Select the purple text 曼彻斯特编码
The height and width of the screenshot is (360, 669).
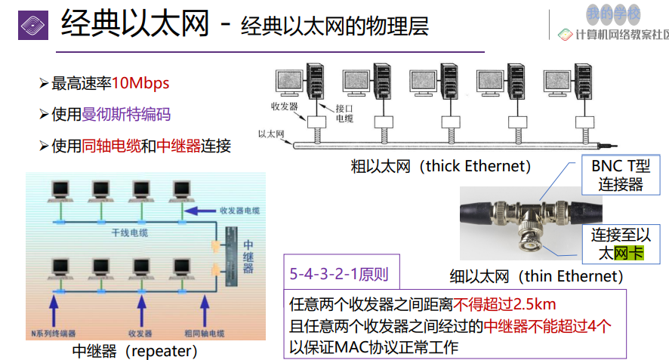coord(126,114)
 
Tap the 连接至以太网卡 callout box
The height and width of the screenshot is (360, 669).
coord(620,244)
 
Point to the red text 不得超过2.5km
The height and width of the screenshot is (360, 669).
coord(504,305)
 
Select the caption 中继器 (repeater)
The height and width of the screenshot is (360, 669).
coord(135,350)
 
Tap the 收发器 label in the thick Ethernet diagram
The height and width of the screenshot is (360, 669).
coord(283,107)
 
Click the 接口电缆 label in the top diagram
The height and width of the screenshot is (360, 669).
coord(344,113)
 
